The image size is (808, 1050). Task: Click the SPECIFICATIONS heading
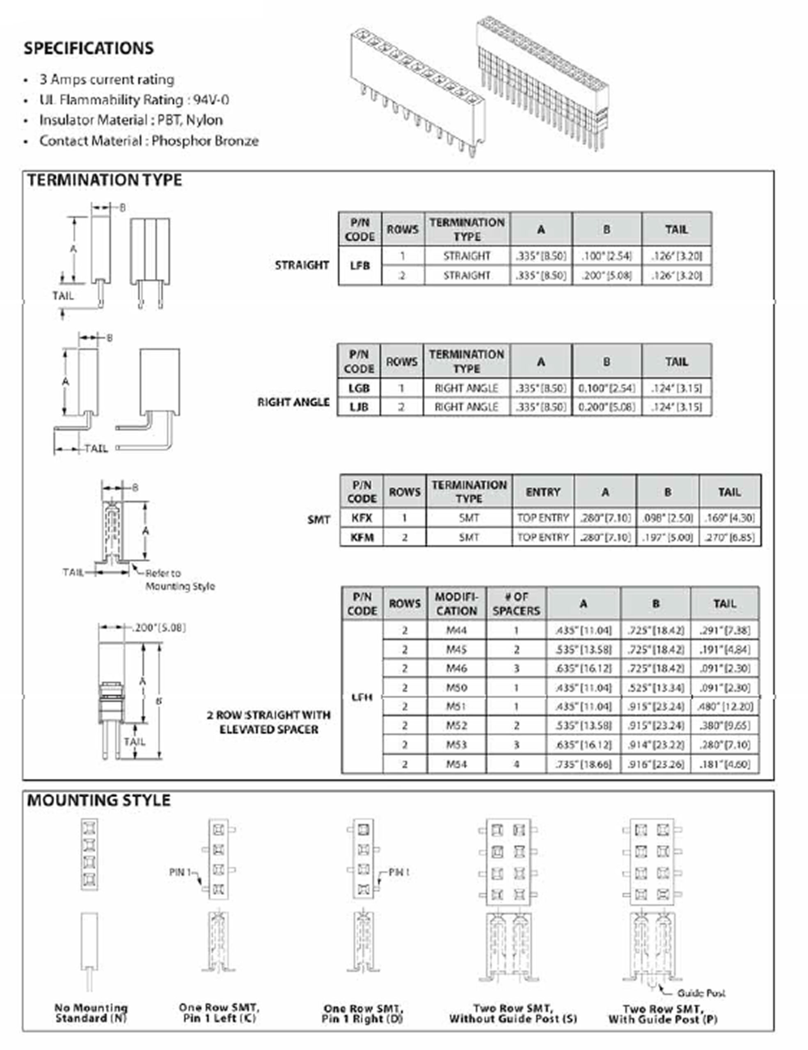(x=89, y=48)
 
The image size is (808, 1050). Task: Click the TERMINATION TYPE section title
(x=104, y=180)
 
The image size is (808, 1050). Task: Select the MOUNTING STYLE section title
(x=98, y=801)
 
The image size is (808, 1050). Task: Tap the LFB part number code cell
(x=360, y=266)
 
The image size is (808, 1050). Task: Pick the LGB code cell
(x=359, y=388)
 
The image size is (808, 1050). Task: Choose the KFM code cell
(x=362, y=537)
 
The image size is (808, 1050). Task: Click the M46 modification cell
(x=456, y=668)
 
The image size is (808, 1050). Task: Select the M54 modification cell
(x=456, y=764)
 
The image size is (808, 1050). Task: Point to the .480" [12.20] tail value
(x=725, y=707)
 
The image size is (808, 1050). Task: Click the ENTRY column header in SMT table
(x=542, y=492)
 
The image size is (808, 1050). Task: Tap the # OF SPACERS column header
(x=516, y=604)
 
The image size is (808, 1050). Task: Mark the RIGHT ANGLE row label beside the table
(x=293, y=402)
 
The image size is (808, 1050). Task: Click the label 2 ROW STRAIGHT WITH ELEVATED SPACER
(x=269, y=722)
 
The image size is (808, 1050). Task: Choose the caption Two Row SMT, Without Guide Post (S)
(x=513, y=1013)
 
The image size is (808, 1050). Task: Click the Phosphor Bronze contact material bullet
(x=149, y=141)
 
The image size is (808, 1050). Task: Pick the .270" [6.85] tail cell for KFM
(x=730, y=537)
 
